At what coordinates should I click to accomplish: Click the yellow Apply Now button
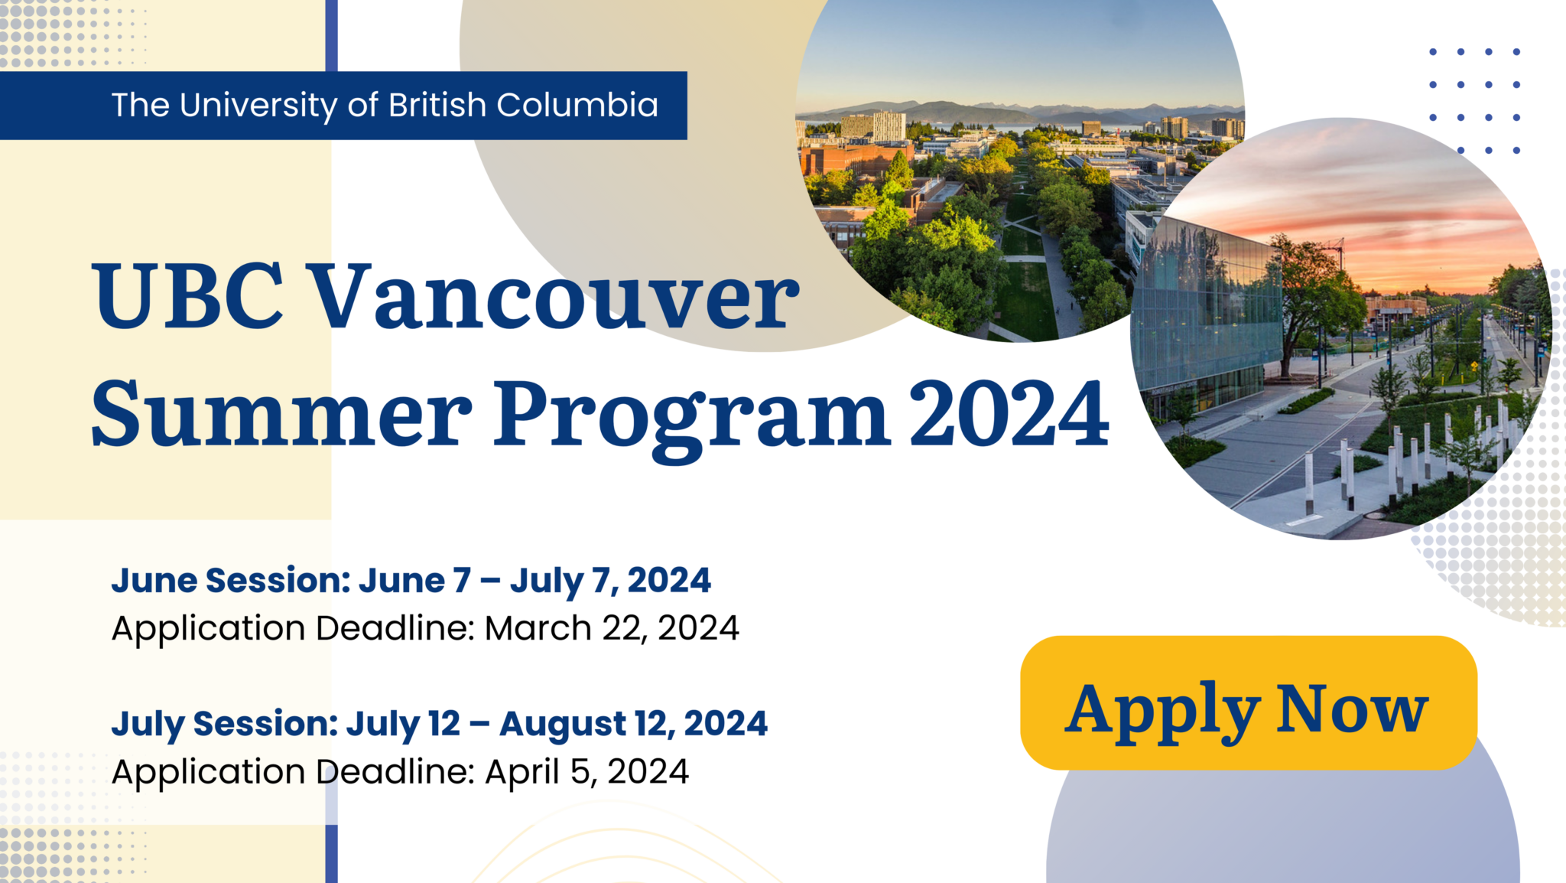[x=1248, y=702]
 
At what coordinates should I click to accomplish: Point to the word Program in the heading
[x=691, y=417]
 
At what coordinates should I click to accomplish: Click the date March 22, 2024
[x=612, y=628]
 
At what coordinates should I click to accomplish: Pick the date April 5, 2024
[x=587, y=771]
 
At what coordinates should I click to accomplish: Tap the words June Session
[x=229, y=580]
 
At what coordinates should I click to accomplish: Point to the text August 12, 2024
[x=633, y=724]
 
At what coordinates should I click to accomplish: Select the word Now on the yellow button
[x=1351, y=709]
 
